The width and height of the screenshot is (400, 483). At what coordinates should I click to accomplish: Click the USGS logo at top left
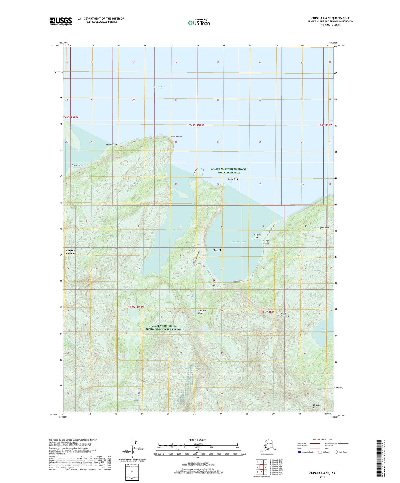coord(61,21)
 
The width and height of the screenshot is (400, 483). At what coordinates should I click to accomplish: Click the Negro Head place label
coord(176,136)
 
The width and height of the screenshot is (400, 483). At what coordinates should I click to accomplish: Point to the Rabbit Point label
coord(112,144)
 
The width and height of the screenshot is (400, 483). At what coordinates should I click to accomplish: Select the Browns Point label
coord(78,165)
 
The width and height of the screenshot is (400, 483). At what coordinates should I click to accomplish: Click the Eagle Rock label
coord(233,179)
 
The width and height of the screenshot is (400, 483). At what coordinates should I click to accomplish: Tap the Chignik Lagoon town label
coord(70,252)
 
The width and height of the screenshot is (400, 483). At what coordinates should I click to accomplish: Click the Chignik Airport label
coord(267,242)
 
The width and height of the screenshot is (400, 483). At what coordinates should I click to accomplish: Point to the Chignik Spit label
coord(257,236)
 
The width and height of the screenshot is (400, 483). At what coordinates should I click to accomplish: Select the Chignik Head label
coord(323,228)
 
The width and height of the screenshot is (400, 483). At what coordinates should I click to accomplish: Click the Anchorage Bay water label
coord(239,242)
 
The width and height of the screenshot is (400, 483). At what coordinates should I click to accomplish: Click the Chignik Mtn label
coord(316,406)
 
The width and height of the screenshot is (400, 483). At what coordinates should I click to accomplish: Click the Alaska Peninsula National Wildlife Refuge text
coord(164,328)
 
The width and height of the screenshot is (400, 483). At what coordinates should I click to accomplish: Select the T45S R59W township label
coord(137,307)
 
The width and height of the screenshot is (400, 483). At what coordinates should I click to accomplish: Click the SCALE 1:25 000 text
coord(198,440)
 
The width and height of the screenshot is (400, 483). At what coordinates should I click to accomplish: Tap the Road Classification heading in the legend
coord(322,440)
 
